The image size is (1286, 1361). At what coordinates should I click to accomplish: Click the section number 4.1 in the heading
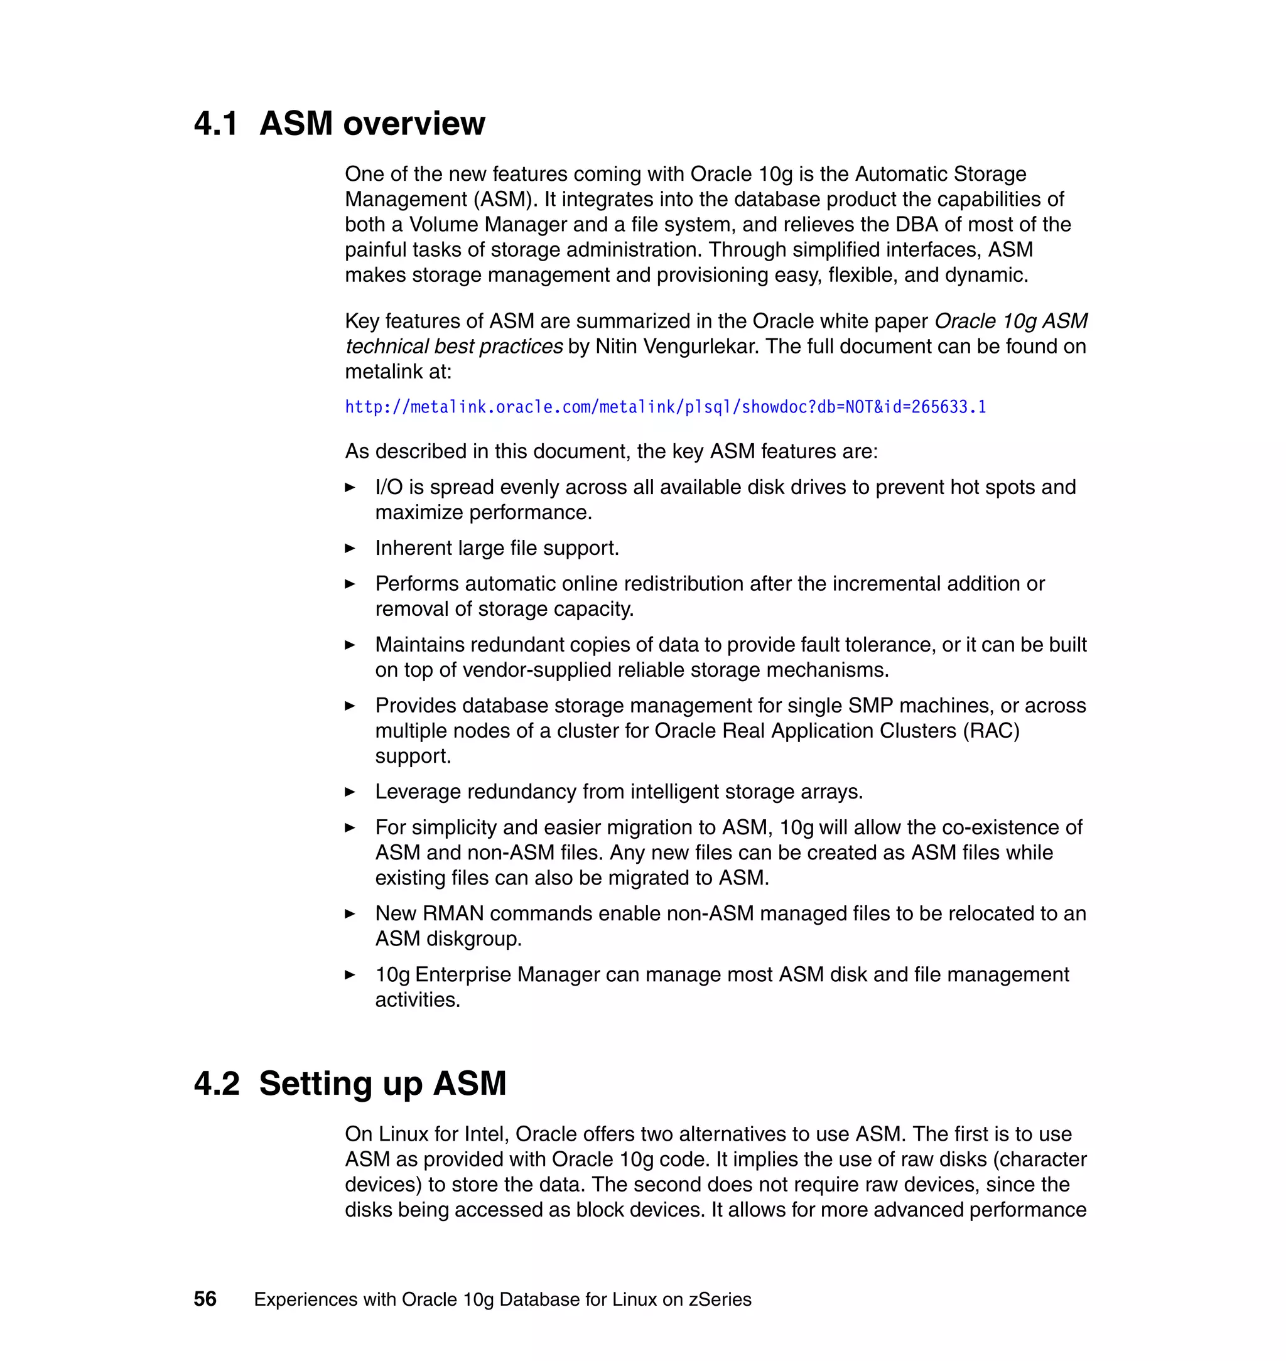(x=215, y=124)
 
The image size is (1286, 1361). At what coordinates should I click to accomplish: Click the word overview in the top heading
(x=414, y=124)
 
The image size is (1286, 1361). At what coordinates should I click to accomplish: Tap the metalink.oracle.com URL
(x=665, y=407)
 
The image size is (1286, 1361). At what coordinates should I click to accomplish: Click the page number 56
(x=205, y=1299)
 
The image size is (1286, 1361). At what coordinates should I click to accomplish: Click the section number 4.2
(x=217, y=1084)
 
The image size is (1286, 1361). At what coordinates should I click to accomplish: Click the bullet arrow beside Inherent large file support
(x=350, y=548)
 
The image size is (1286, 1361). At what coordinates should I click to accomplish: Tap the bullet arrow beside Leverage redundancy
(x=350, y=792)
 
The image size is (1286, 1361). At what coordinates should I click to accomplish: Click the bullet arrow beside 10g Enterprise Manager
(x=350, y=975)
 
